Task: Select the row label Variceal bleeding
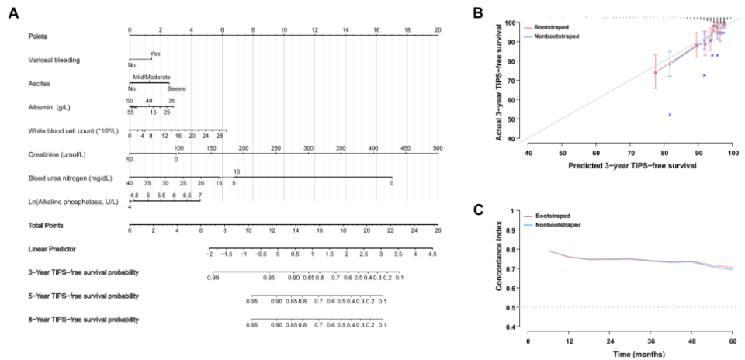[54, 60]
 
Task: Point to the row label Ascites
[40, 83]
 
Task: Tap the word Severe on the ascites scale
[177, 88]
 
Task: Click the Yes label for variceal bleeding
[155, 54]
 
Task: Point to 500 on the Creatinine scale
[438, 147]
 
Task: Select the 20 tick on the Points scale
[438, 29]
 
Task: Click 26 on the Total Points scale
[438, 230]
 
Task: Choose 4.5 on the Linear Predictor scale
[432, 254]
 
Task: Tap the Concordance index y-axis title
[500, 267]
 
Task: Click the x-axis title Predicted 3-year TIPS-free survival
[630, 165]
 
